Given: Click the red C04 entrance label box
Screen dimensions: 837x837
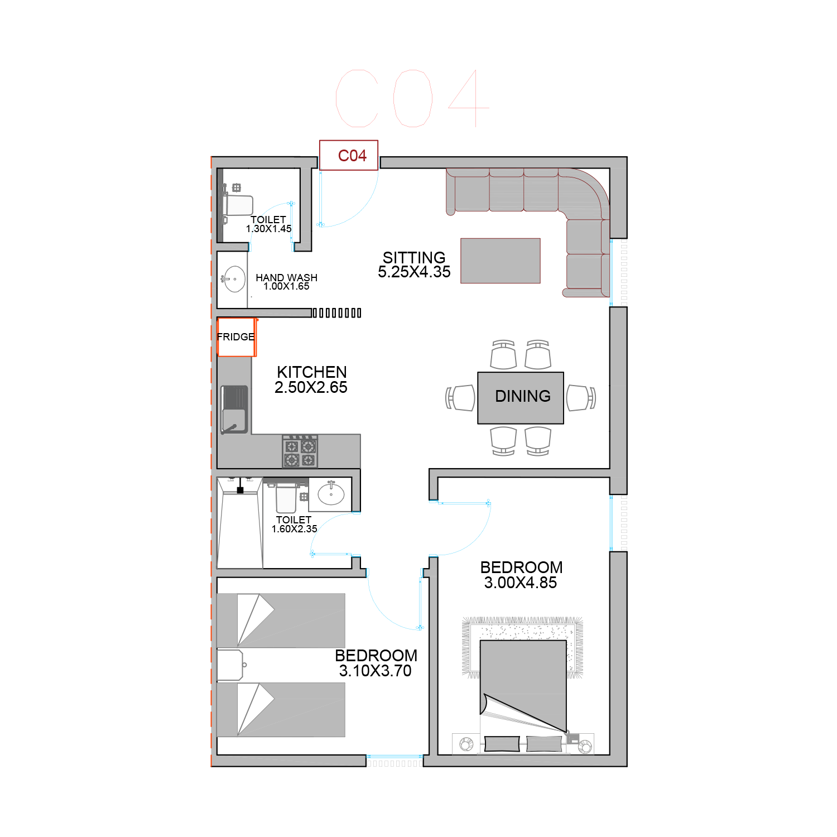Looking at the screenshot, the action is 349,155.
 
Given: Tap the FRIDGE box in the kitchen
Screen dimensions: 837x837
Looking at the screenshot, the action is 237,337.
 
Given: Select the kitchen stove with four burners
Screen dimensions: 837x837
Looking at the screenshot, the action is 300,451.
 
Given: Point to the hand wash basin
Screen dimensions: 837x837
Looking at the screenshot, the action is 234,279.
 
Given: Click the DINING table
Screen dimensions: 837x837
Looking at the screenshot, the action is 521,398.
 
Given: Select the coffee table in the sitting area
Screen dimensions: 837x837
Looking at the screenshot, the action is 501,261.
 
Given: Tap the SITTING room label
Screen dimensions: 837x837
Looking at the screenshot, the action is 414,258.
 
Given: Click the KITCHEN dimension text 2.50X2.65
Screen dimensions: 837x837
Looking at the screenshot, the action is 311,387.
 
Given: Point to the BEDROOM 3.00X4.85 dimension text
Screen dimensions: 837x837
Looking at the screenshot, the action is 521,583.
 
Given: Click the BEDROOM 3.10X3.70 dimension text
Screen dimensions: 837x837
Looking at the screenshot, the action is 376,671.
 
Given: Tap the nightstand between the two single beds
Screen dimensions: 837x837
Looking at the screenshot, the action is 230,665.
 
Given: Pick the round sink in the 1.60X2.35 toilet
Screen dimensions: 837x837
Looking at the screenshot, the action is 331,494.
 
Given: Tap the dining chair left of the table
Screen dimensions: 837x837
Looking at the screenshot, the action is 460,398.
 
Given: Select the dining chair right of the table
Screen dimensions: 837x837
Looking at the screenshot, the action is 581,398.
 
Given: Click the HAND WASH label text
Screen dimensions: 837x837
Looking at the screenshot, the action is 286,277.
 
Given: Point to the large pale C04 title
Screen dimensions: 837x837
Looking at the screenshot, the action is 413,98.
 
